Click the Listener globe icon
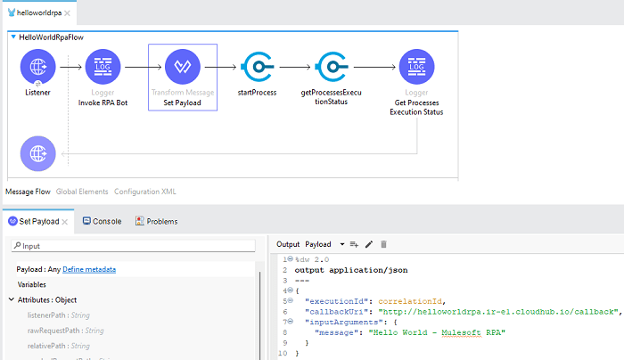[37, 67]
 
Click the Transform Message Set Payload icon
[183, 67]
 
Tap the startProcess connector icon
[257, 67]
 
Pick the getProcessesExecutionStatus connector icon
[331, 67]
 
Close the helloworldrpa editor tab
[69, 13]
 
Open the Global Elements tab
[82, 192]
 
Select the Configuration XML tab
[145, 192]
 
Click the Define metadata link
[89, 269]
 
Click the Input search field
[134, 246]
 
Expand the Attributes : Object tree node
[12, 300]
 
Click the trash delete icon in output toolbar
[384, 243]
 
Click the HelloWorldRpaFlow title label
[52, 37]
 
